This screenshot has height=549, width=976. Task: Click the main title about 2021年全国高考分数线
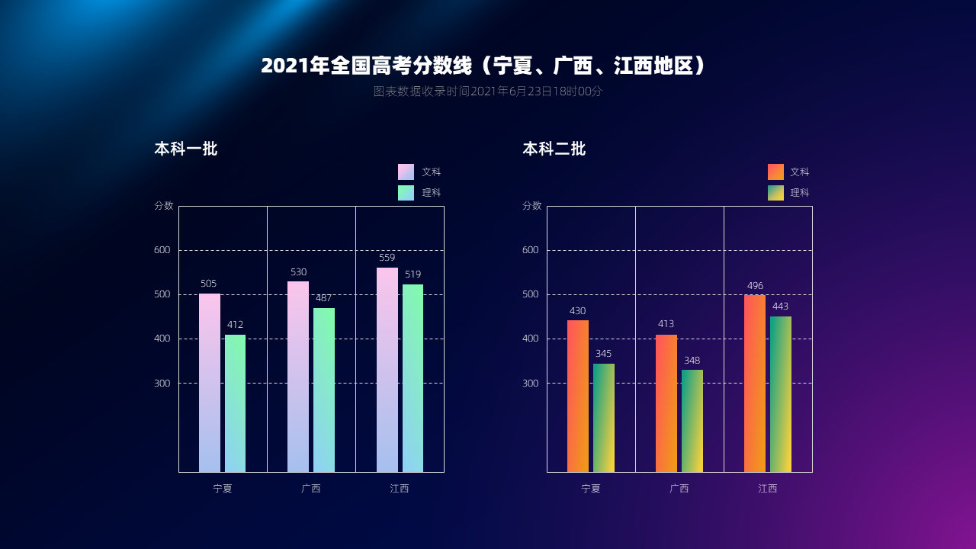[x=484, y=66]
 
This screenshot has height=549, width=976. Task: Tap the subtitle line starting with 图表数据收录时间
[x=487, y=91]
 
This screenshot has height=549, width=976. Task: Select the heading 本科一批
[x=186, y=149]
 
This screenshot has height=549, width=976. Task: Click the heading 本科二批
[x=554, y=149]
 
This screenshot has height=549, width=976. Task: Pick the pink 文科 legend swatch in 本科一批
[x=406, y=172]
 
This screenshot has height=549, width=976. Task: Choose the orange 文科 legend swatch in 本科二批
[x=775, y=172]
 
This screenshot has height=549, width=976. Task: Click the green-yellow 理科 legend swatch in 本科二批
[x=775, y=193]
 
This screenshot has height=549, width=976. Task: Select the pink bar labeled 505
[x=210, y=381]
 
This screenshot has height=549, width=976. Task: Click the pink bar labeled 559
[x=387, y=370]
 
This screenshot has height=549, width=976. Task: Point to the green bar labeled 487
[x=324, y=389]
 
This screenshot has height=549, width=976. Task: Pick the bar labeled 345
[x=604, y=417]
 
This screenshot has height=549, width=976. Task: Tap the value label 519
[x=413, y=274]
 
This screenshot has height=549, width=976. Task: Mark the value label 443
[x=780, y=307]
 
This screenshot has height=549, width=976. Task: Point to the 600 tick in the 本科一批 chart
[x=163, y=250]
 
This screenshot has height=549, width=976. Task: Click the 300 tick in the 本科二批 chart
[x=531, y=383]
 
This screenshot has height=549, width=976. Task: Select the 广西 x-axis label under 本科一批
[x=311, y=489]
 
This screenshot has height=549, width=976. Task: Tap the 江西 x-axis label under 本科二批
[x=768, y=489]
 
